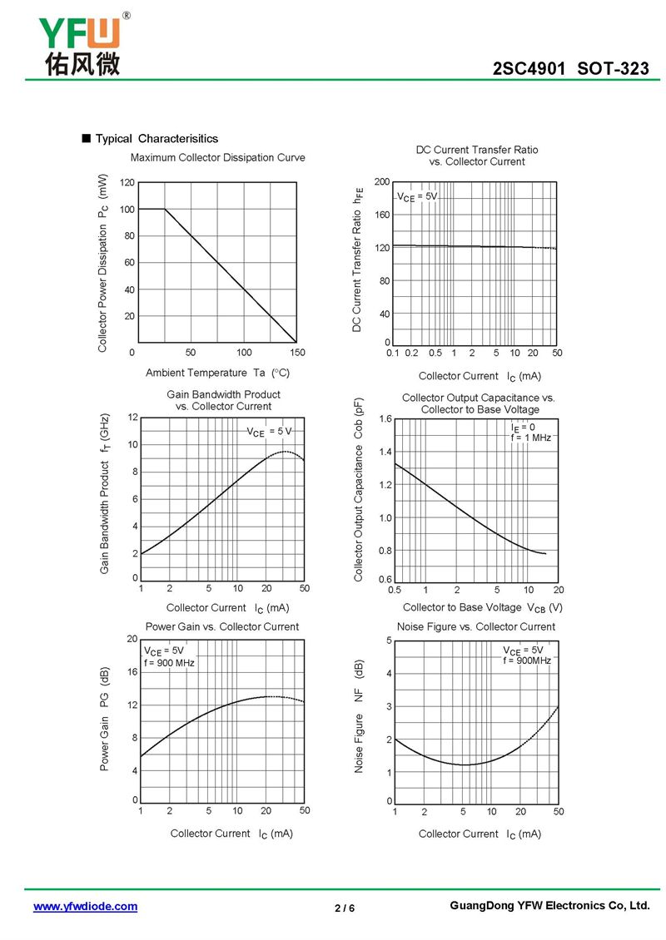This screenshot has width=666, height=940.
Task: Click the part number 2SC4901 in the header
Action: point(529,68)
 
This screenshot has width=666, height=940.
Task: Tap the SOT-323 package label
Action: point(613,68)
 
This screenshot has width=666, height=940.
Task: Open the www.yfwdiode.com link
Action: point(85,907)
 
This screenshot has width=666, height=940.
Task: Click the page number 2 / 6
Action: point(345,908)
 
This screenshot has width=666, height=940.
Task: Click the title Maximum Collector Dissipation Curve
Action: point(218,158)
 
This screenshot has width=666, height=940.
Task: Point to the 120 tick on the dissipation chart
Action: point(127,182)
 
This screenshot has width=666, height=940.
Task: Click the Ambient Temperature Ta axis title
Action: point(217,373)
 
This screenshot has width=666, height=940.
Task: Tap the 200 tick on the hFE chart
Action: point(382,181)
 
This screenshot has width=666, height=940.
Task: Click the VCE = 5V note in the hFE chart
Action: point(417,197)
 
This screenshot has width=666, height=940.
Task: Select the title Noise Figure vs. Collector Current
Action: point(476,627)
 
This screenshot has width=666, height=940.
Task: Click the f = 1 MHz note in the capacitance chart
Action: point(531,438)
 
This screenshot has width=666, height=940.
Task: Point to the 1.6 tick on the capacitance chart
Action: point(385,419)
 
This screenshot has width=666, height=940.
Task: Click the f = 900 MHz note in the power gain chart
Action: point(169,663)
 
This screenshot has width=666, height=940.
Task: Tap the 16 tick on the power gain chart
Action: point(132,672)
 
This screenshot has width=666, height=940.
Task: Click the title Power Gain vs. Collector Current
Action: point(222,627)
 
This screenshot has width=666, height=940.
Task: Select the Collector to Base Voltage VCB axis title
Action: point(482,608)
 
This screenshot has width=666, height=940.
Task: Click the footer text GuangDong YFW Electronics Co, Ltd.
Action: point(549,906)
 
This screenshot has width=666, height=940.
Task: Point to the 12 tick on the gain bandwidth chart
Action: point(132,418)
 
